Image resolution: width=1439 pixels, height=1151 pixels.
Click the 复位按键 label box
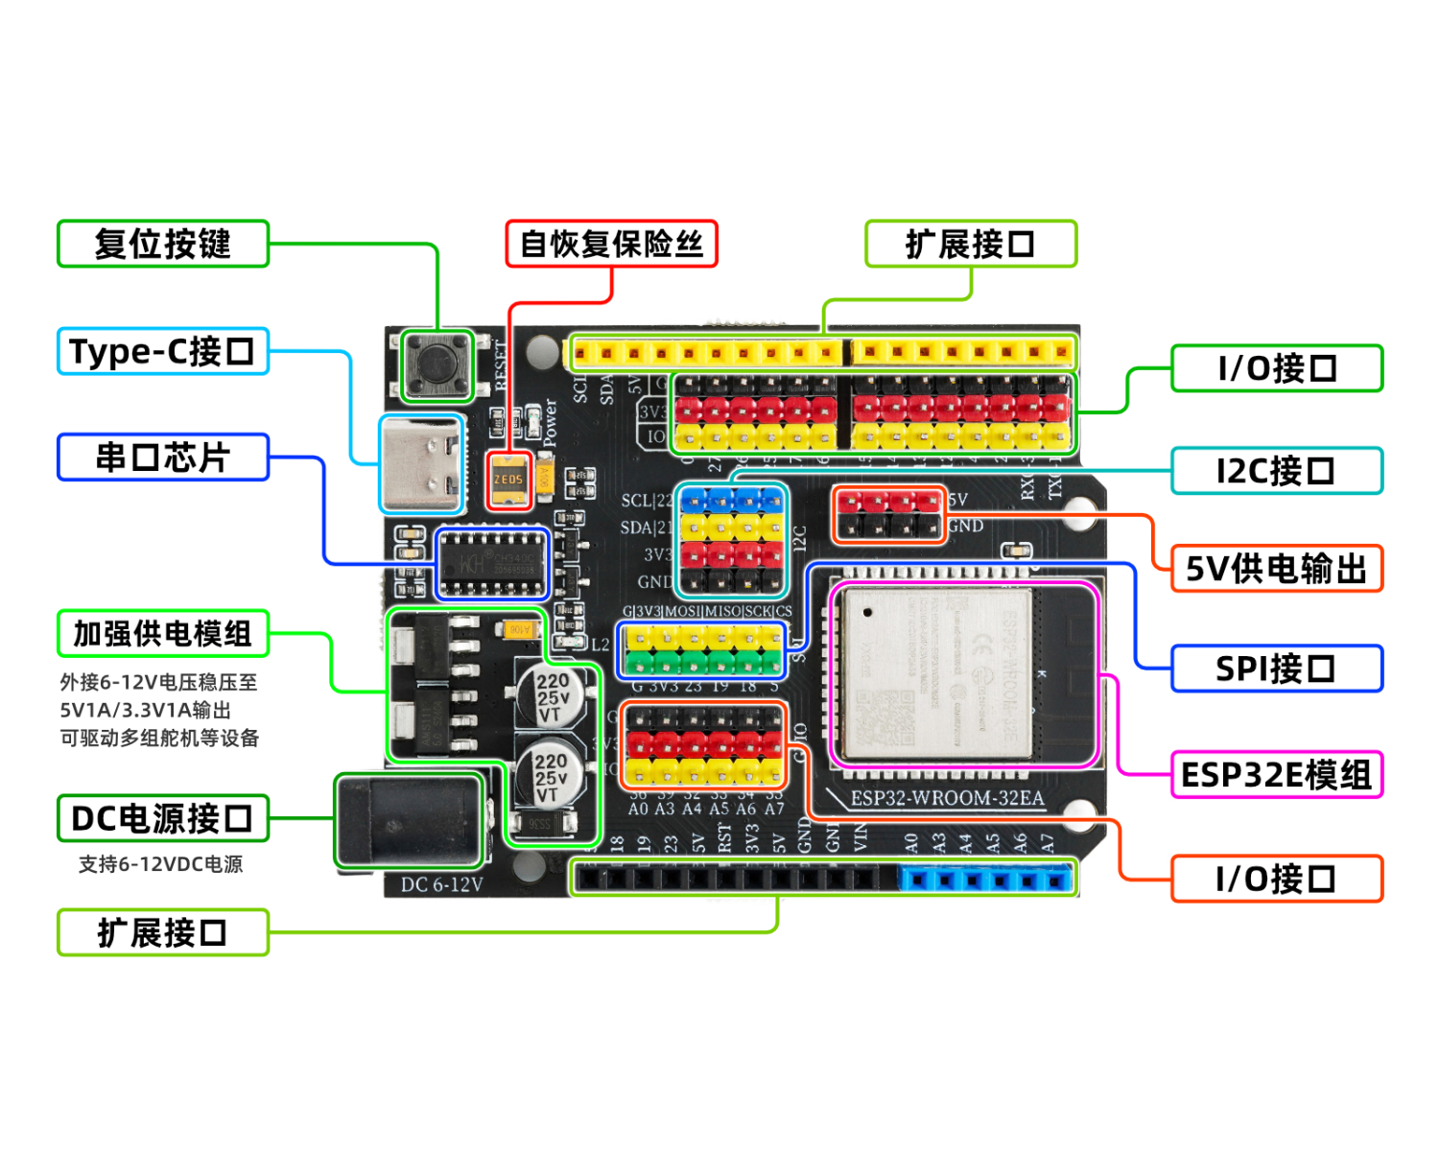click(163, 244)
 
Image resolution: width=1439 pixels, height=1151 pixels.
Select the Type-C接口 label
click(163, 351)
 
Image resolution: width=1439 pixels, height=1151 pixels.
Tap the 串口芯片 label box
click(163, 458)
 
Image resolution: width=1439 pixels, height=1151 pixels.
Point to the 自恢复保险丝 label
click(611, 244)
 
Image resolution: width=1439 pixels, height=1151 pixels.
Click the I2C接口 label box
click(1276, 471)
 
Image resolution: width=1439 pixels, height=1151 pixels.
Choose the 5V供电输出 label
click(1276, 569)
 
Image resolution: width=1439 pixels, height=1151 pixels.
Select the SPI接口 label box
click(1276, 669)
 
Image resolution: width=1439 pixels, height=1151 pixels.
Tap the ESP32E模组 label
click(1276, 775)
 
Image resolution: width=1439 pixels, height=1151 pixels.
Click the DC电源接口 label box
click(163, 818)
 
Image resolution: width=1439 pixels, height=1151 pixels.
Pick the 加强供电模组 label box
click(163, 634)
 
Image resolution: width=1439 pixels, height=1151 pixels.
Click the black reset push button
click(436, 364)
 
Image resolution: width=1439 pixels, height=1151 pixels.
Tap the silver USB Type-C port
click(421, 465)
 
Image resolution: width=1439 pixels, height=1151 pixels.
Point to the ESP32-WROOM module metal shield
click(935, 671)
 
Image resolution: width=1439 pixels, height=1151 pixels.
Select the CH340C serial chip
click(492, 563)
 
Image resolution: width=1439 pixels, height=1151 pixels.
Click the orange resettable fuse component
click(508, 479)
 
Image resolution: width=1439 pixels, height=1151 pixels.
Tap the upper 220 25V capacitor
click(552, 695)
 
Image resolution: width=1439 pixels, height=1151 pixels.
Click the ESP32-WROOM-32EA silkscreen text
click(947, 798)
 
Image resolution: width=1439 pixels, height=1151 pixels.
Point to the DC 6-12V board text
click(441, 884)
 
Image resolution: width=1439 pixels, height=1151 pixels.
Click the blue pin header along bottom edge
click(985, 879)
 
